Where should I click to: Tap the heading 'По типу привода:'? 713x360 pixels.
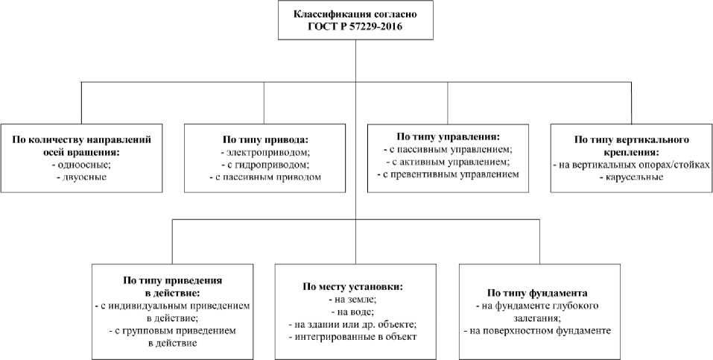[x=264, y=139]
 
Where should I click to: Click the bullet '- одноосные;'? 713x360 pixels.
[x=80, y=165]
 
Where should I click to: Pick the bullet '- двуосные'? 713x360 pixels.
[x=80, y=178]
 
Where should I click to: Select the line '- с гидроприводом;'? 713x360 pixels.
[x=264, y=165]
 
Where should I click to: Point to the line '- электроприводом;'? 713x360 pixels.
[x=264, y=152]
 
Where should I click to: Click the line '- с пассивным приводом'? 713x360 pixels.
[x=264, y=177]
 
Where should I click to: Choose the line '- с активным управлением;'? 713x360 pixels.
[x=448, y=162]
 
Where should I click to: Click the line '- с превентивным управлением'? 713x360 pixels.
[x=448, y=174]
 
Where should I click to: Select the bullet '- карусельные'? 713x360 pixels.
[x=630, y=178]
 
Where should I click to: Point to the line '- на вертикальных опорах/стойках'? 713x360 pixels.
[x=630, y=165]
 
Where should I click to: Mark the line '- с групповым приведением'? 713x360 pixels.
[x=172, y=331]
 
